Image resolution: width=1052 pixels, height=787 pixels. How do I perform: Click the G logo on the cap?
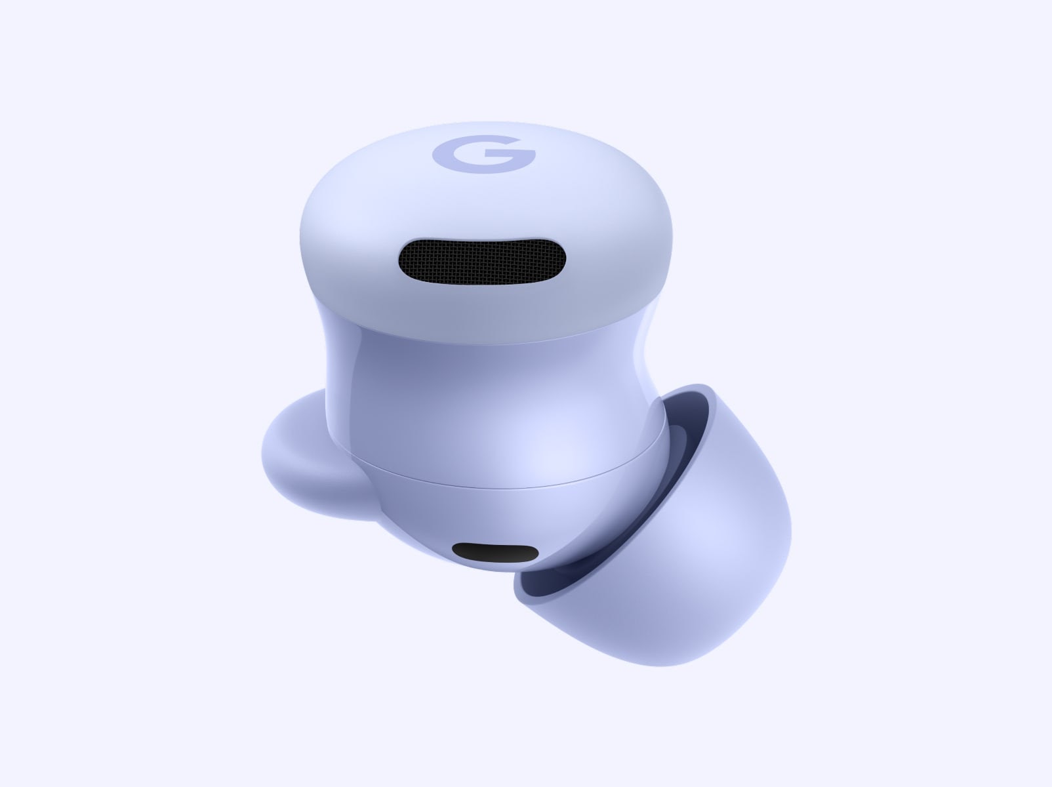click(x=483, y=154)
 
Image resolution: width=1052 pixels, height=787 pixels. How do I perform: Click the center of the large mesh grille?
click(x=481, y=261)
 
